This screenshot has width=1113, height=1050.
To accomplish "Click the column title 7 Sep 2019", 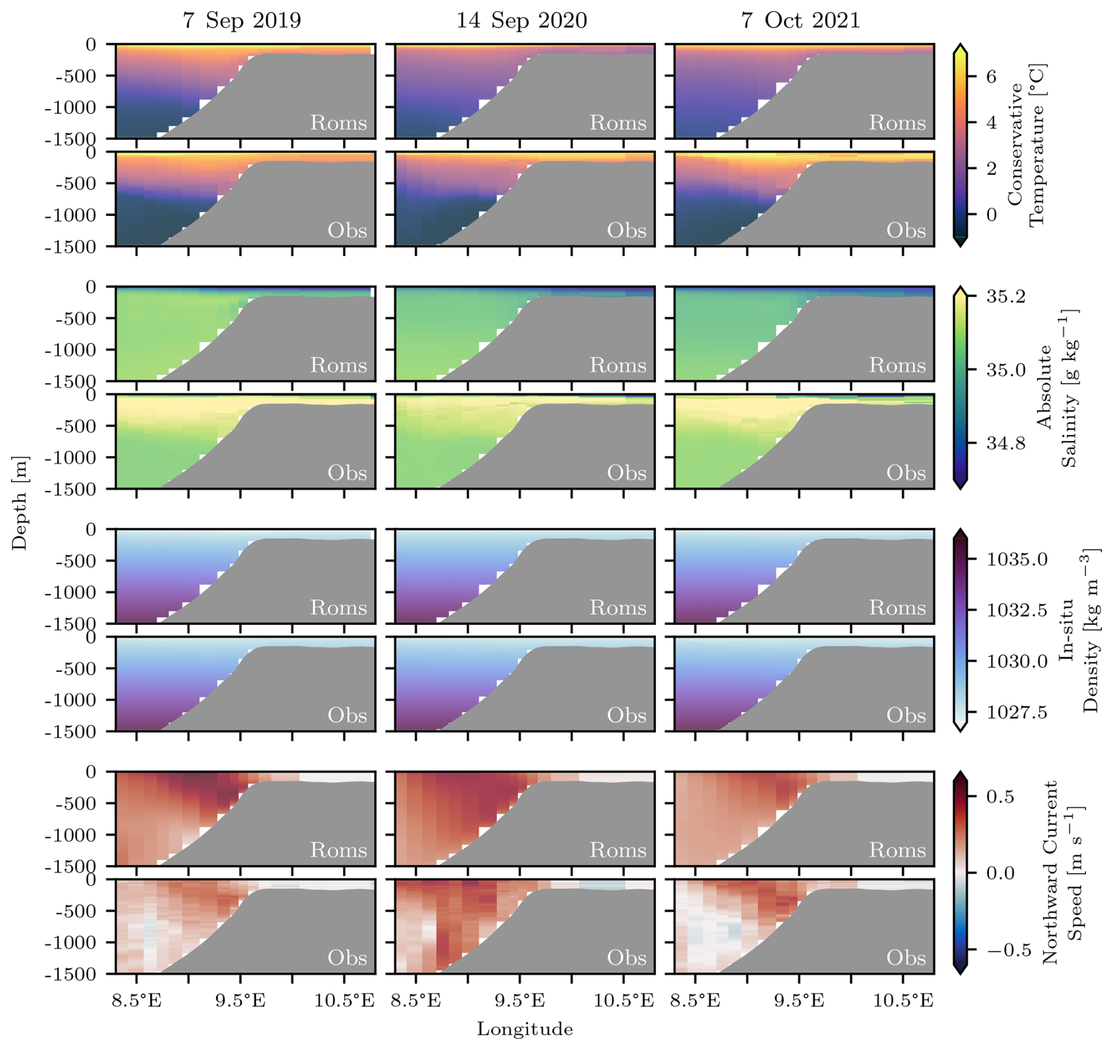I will pos(242,21).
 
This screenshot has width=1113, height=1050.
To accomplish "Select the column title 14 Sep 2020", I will pos(521,21).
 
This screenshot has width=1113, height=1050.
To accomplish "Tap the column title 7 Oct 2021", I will pos(800,21).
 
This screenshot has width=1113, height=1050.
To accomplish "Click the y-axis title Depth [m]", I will pos(20,503).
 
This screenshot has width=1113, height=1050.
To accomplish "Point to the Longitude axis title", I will pos(524,1029).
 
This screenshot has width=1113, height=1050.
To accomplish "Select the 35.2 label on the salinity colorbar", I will pos(1005,296).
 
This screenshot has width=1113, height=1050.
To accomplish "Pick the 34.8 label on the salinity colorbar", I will pos(1005,443).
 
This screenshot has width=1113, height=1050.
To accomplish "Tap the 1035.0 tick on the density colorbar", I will pos(1017,559).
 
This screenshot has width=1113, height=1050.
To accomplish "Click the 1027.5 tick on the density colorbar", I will pos(1017,712).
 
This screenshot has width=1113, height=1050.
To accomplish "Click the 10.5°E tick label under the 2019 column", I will pos(344,1001).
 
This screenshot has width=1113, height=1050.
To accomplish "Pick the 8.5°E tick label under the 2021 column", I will pos(695,1001).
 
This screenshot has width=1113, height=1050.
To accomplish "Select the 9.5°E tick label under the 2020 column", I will pos(519,1001).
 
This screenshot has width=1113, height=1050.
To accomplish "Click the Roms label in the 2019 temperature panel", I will pos(338,123).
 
